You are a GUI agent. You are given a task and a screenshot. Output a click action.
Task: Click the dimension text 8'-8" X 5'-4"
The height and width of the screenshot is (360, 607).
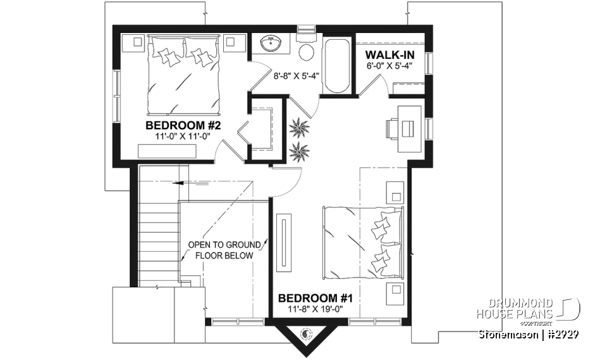296,76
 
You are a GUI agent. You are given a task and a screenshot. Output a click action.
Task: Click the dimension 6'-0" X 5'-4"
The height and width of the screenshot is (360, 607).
389,65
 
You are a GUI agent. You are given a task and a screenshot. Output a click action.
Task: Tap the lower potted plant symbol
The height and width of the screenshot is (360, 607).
298,151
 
